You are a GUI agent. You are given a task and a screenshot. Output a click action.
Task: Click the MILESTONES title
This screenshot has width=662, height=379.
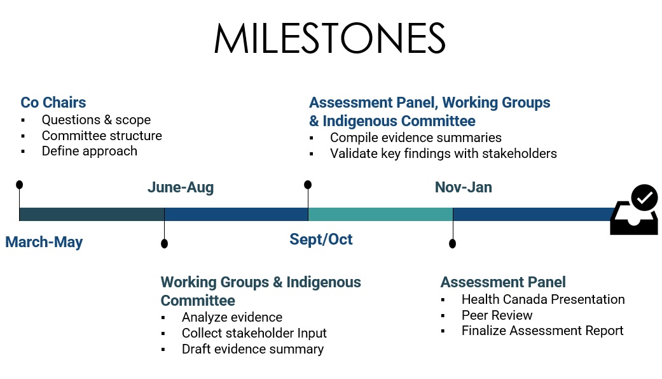pyautogui.click(x=330, y=38)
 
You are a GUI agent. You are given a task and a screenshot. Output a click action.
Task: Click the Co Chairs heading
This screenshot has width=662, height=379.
pyautogui.click(x=53, y=103)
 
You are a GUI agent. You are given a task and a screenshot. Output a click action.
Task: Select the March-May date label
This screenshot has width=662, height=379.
pyautogui.click(x=44, y=242)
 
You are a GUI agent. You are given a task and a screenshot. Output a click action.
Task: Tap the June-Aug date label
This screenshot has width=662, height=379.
pyautogui.click(x=181, y=187)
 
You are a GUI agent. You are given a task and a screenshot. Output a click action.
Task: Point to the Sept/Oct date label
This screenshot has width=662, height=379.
pyautogui.click(x=321, y=240)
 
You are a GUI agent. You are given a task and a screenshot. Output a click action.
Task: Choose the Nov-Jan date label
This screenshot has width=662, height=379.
pyautogui.click(x=464, y=187)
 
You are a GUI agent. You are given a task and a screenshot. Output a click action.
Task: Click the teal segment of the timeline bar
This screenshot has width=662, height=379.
pyautogui.click(x=380, y=215)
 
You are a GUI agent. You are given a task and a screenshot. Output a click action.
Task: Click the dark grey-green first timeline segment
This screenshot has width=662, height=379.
pyautogui.click(x=92, y=215)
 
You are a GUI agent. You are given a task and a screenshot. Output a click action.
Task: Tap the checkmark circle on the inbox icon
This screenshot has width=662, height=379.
pyautogui.click(x=644, y=197)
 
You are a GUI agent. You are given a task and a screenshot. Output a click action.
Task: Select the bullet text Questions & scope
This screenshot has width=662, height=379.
pyautogui.click(x=96, y=120)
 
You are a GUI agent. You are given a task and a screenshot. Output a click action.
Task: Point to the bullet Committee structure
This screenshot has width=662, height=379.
pyautogui.click(x=102, y=136)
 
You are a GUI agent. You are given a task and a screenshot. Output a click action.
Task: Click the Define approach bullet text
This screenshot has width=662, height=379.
pyautogui.click(x=90, y=151)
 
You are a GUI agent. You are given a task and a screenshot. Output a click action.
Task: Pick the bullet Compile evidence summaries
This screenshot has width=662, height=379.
pyautogui.click(x=416, y=138)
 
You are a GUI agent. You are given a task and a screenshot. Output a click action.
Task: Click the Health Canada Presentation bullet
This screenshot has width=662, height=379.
pyautogui.click(x=543, y=299)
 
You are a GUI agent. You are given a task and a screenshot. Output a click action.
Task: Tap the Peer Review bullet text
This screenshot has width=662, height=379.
pyautogui.click(x=497, y=315)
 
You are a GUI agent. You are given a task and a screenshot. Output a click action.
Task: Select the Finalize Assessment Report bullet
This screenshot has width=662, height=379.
pyautogui.click(x=542, y=331)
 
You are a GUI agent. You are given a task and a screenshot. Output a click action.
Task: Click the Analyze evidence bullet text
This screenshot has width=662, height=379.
pyautogui.click(x=232, y=317)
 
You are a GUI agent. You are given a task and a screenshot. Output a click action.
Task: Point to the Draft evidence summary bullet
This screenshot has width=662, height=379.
pyautogui.click(x=253, y=349)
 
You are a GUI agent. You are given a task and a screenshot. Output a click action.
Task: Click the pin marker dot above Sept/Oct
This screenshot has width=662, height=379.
pyautogui.click(x=308, y=185)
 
